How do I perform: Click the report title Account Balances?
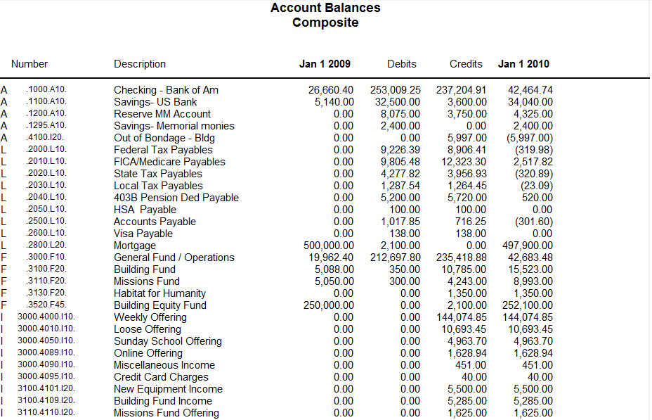[x=325, y=8]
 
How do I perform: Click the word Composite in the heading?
[x=325, y=23]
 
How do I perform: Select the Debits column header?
[x=401, y=64]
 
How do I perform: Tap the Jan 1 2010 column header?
[x=523, y=64]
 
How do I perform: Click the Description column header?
[x=140, y=64]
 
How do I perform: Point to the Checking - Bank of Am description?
[x=166, y=90]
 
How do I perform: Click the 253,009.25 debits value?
[x=396, y=90]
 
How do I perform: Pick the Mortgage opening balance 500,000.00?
[x=324, y=246]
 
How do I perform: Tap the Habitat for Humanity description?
[x=159, y=293]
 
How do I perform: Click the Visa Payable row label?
[x=143, y=234]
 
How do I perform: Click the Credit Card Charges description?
[x=161, y=377]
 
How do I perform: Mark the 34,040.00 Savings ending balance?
[x=529, y=102]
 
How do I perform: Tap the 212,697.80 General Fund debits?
[x=396, y=257]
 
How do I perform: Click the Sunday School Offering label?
[x=167, y=341]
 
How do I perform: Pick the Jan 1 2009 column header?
[x=325, y=64]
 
